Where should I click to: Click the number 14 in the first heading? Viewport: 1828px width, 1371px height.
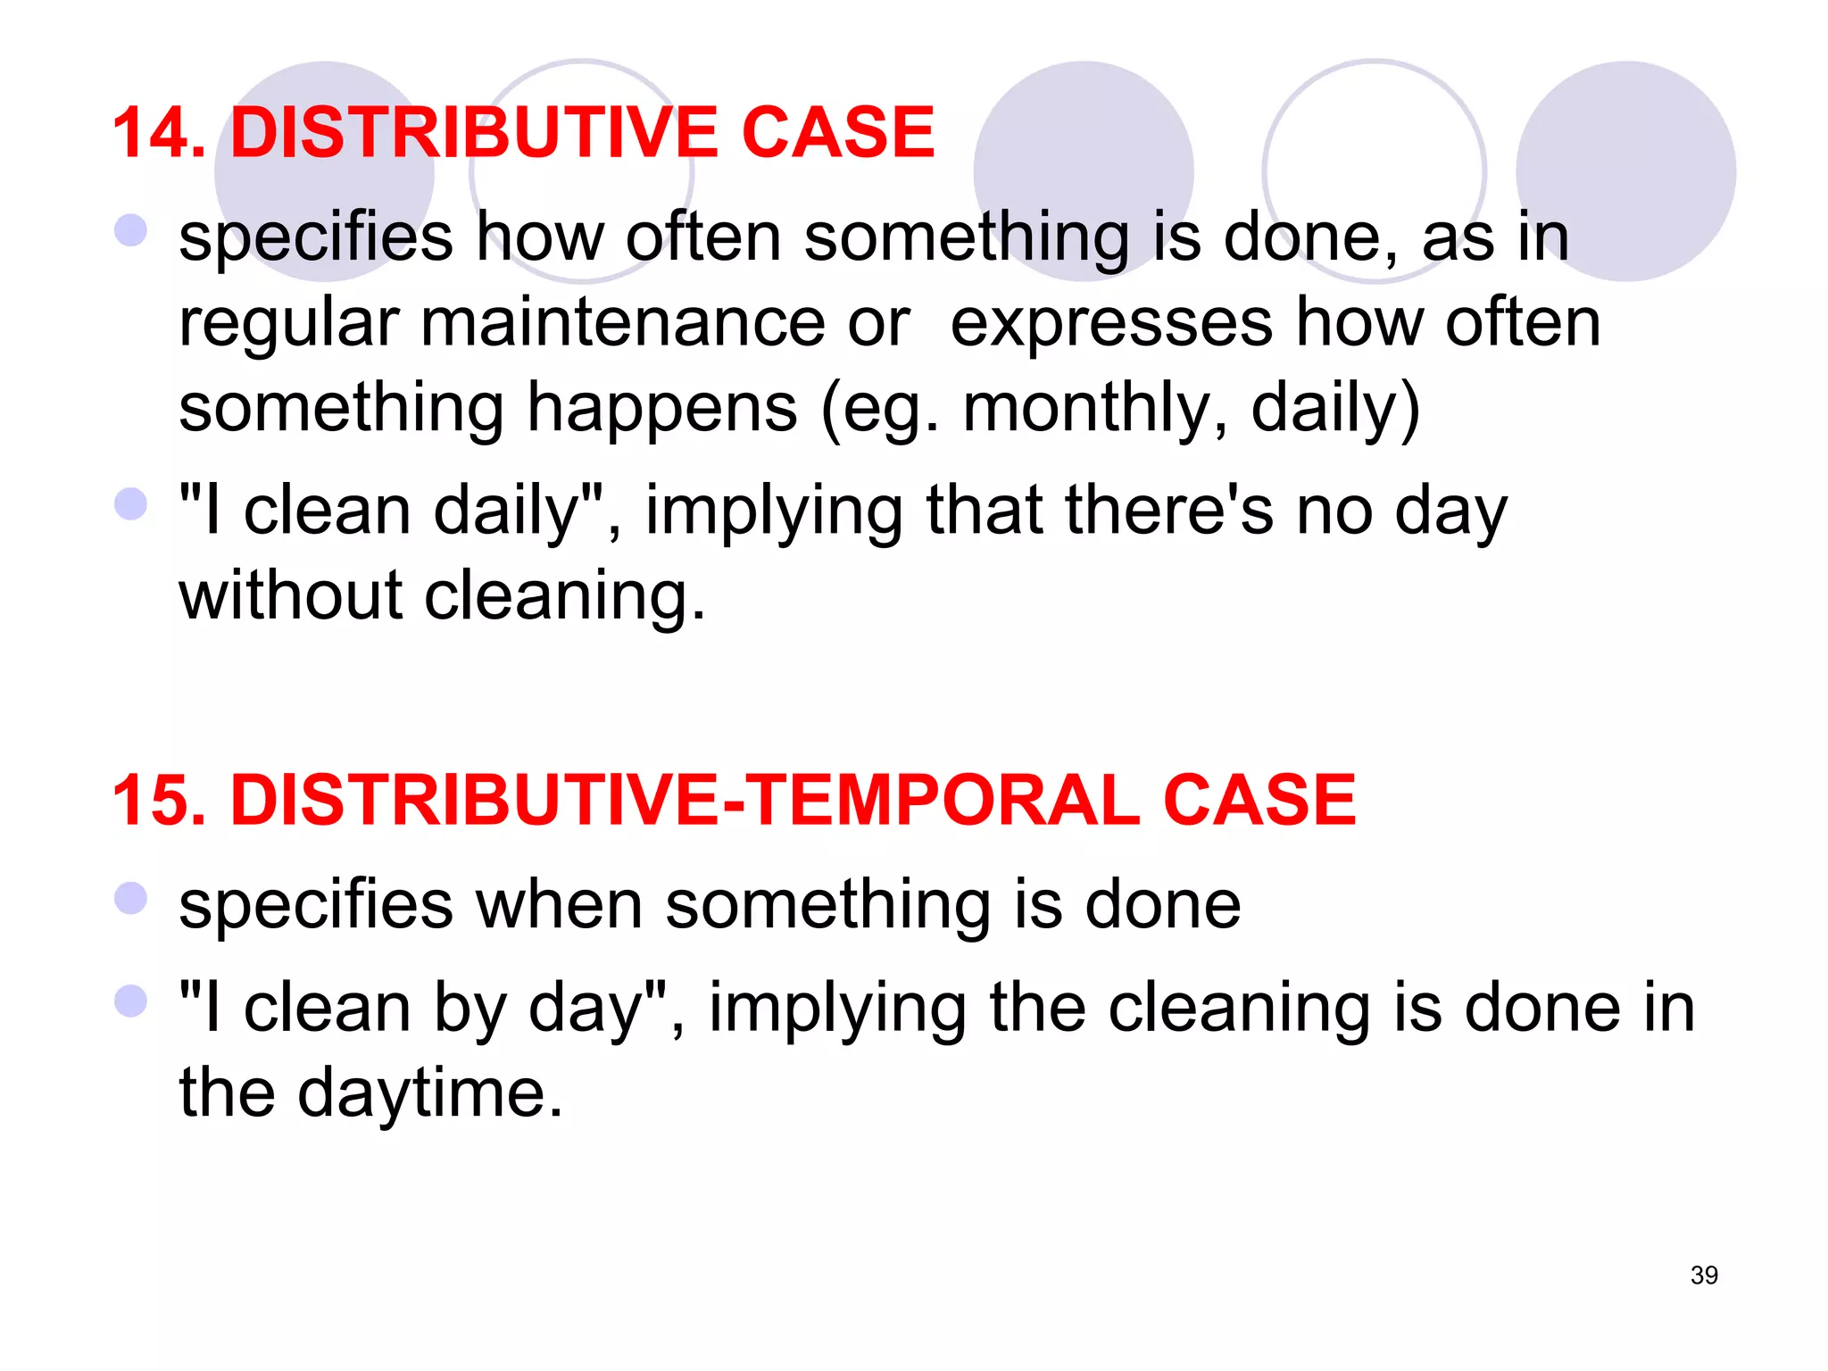point(157,133)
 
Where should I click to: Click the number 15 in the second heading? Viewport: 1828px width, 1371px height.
point(157,800)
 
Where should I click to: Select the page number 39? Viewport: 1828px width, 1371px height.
point(1704,1275)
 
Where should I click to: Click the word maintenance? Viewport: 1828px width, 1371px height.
point(622,322)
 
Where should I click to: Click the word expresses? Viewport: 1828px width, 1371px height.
point(1111,324)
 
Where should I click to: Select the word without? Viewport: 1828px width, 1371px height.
point(290,595)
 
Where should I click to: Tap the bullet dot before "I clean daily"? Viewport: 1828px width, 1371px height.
point(130,503)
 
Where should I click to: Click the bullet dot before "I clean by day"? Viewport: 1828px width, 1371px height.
point(130,1001)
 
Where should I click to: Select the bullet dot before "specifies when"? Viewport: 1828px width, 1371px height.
point(130,898)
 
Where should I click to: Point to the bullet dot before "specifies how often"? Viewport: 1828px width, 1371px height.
point(130,230)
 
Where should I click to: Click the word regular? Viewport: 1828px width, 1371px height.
point(288,324)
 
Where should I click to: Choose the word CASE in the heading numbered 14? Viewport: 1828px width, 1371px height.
point(837,133)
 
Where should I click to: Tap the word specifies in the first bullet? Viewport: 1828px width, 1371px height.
point(316,238)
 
